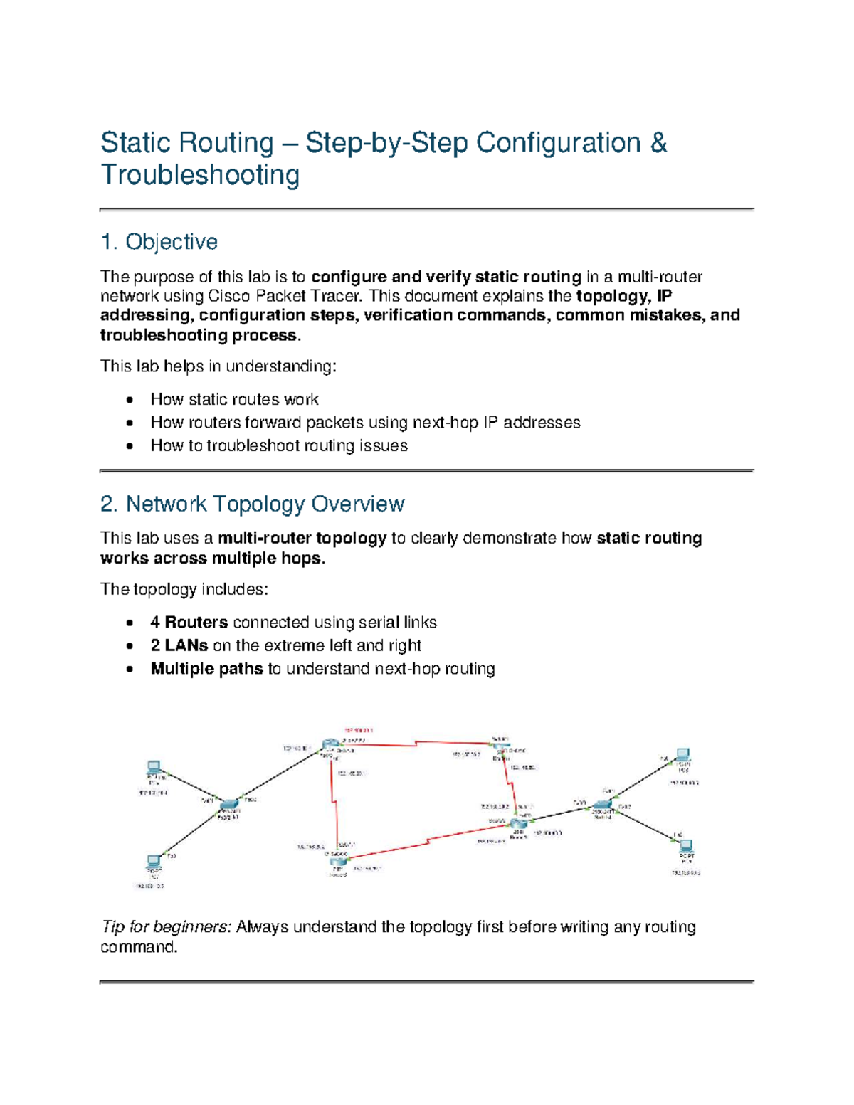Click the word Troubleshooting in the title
point(200,175)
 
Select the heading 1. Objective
point(159,242)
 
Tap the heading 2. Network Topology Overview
point(252,504)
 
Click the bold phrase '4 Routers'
point(189,623)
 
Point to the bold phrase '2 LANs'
point(179,645)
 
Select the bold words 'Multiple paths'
point(206,669)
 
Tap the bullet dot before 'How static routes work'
point(129,400)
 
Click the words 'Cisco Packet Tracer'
point(283,296)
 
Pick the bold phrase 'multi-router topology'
point(302,538)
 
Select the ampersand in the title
point(658,143)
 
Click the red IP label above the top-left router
point(359,731)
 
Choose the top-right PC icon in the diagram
point(682,754)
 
